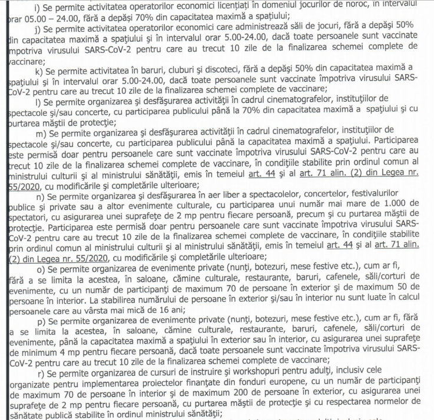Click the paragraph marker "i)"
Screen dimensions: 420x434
pyautogui.click(x=38, y=6)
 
